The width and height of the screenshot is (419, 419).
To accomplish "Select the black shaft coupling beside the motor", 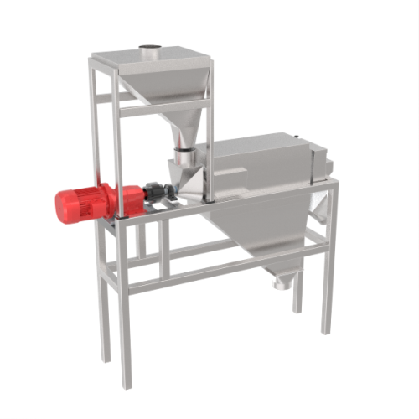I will pos(158,191).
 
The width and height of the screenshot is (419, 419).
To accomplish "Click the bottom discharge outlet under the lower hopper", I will pos(280,282).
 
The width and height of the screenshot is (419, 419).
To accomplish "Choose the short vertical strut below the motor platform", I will pos(164,251).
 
